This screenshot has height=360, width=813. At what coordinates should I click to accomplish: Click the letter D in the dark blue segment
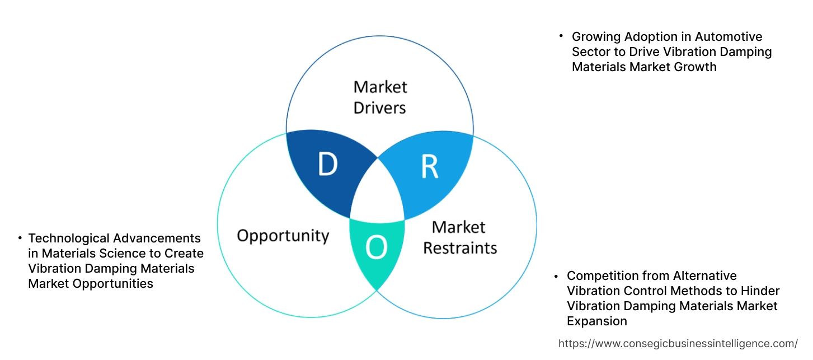coord(327,165)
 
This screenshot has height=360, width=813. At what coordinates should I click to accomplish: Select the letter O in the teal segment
coord(377,248)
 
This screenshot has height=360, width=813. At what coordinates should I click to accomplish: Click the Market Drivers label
coord(380,97)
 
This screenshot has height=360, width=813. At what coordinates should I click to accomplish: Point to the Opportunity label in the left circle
coord(283,235)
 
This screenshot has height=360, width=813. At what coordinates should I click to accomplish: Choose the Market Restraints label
coord(459,237)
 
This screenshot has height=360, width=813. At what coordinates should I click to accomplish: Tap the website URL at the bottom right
coord(678,343)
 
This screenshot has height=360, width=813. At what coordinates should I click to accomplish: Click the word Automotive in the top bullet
coord(729,37)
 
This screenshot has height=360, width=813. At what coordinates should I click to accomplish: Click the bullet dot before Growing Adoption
coord(561,36)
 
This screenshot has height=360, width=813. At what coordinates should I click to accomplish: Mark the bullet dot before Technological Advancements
coord(20,237)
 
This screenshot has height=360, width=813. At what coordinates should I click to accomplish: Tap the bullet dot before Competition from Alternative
coord(556,275)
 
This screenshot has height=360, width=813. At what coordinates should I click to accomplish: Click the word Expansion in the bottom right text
coord(596,321)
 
